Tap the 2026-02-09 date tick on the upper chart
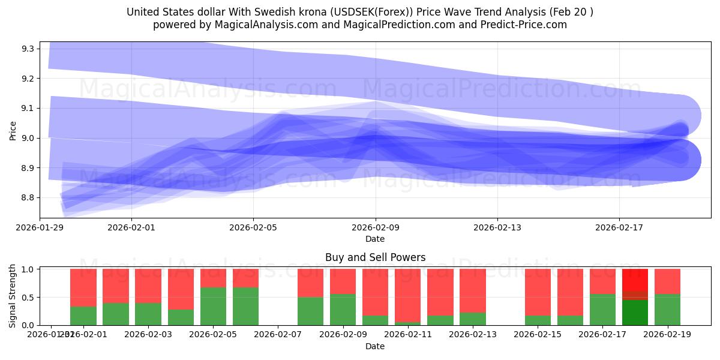tap(376, 227)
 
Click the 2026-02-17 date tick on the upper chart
tap(619, 227)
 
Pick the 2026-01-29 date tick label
tap(40, 227)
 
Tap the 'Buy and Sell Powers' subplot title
tap(375, 257)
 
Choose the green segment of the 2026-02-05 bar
tap(213, 306)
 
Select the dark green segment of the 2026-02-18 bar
tap(635, 313)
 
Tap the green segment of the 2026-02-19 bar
tap(667, 310)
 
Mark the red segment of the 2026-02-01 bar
tap(83, 287)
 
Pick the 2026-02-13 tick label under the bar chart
tap(472, 334)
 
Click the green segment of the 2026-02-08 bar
tap(310, 311)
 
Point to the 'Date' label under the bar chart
tap(375, 346)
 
